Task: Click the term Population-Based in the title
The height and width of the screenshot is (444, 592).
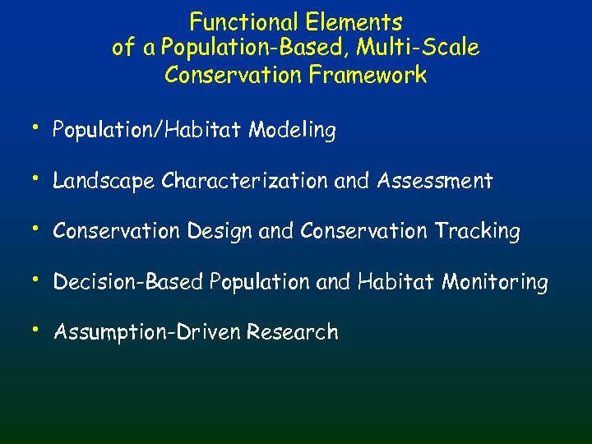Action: point(248,49)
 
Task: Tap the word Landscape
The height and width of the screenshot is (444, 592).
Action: point(104,181)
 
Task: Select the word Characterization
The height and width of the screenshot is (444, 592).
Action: point(245,181)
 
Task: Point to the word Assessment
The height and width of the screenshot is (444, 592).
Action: point(435,181)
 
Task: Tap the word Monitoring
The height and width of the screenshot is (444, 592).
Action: point(495,283)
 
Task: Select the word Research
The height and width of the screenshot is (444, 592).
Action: point(293,333)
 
